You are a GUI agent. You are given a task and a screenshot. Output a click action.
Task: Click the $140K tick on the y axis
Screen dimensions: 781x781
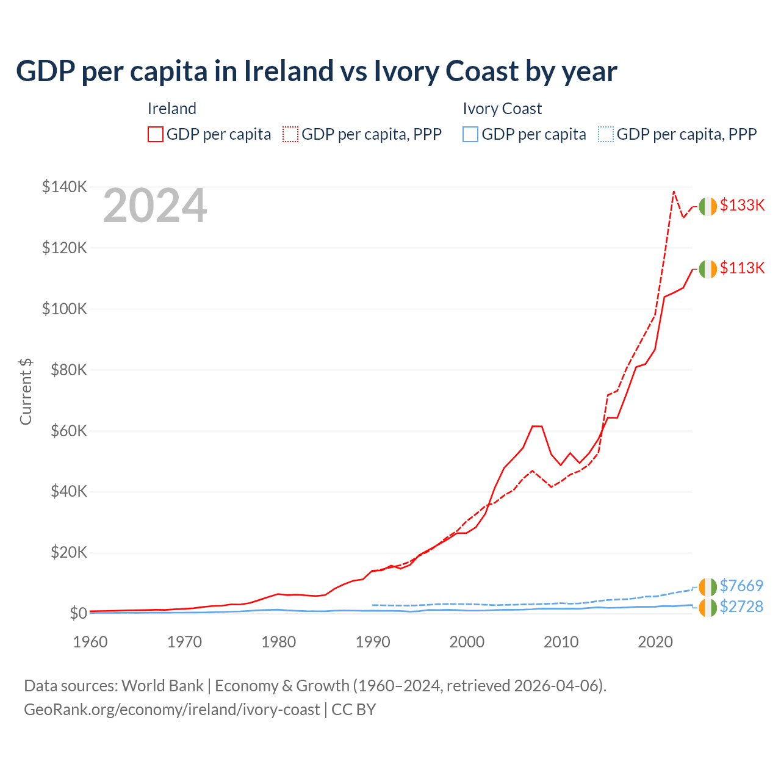click(64, 187)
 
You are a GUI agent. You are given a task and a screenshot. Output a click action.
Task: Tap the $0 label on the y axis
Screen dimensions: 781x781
click(77, 613)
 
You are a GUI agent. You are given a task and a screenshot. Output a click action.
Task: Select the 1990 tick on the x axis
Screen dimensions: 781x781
click(373, 642)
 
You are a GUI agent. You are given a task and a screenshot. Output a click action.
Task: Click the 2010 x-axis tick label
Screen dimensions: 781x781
click(561, 642)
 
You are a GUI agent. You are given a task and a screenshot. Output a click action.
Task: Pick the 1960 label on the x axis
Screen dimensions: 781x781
click(90, 642)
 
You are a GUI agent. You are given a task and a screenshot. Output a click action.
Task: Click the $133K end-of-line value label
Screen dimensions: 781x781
click(742, 205)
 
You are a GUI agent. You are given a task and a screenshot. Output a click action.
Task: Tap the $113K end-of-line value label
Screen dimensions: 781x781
click(742, 268)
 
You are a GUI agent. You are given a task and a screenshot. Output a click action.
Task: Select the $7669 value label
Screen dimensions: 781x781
click(741, 586)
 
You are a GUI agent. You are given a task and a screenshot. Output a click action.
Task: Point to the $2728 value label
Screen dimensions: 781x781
click(741, 606)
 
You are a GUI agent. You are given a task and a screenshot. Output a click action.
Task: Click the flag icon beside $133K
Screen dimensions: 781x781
click(708, 207)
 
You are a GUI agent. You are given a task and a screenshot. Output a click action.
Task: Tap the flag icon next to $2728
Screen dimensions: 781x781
click(708, 608)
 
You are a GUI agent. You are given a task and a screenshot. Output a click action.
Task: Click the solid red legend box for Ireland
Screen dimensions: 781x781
click(156, 134)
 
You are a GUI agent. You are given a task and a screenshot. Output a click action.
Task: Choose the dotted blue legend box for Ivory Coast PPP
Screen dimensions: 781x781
click(606, 134)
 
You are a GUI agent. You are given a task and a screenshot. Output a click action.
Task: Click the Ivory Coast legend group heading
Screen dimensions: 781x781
click(502, 109)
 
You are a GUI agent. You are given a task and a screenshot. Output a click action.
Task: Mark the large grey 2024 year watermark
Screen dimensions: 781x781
click(155, 206)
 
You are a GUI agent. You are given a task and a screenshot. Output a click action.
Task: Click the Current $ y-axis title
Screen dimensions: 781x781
click(26, 391)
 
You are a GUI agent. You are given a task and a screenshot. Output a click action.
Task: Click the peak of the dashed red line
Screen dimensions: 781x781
click(674, 192)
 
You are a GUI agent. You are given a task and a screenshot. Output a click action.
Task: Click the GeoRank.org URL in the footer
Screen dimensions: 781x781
click(171, 710)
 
